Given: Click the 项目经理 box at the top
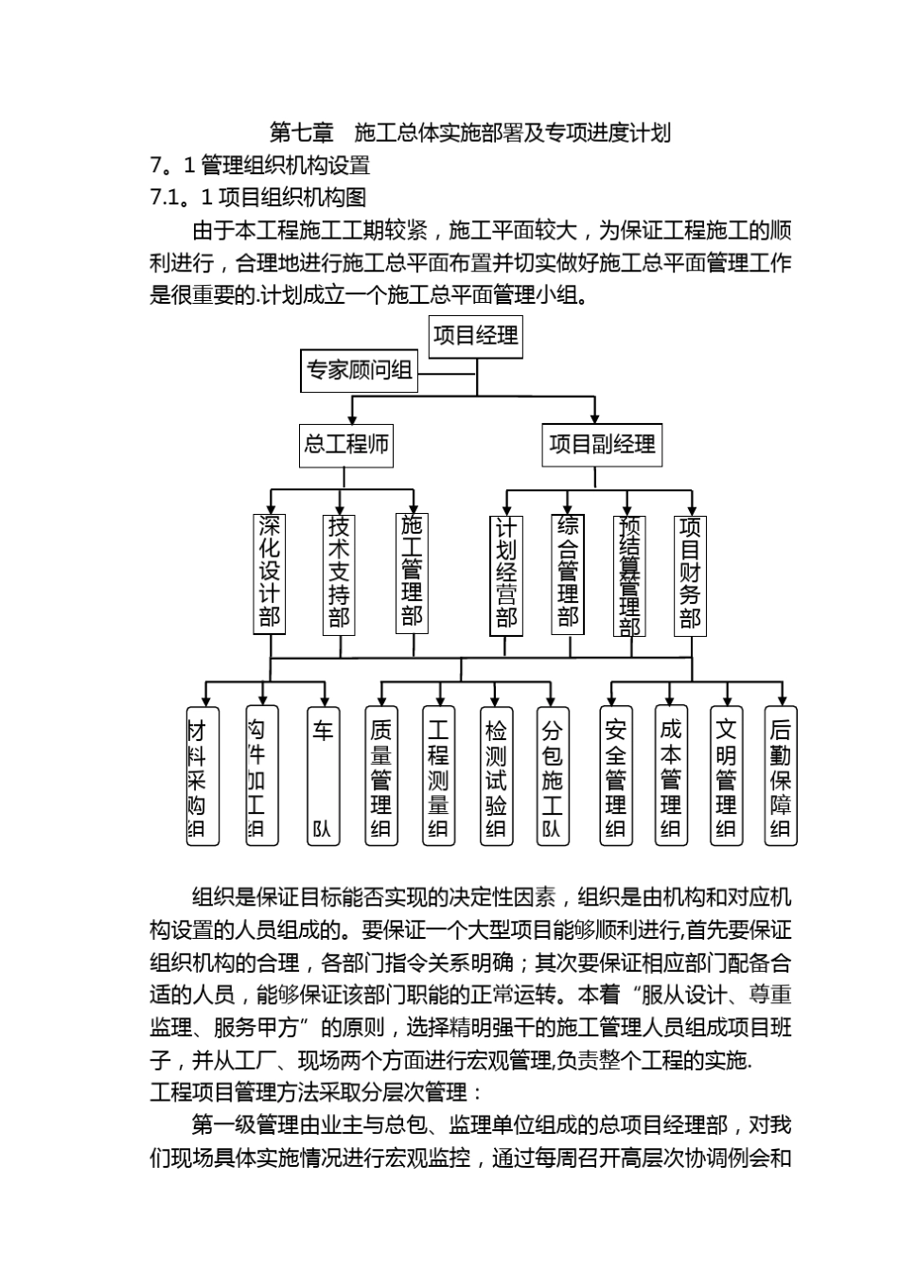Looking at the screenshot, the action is (x=476, y=336).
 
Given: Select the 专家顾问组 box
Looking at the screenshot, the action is (x=360, y=371).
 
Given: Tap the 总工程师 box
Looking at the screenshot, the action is (x=346, y=444).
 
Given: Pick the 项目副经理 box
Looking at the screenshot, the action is (x=602, y=444).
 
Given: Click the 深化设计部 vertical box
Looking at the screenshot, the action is (x=270, y=573).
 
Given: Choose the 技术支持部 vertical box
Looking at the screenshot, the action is (x=339, y=573).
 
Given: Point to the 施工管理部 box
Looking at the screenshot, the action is (x=412, y=572).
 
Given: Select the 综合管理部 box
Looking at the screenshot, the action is (x=568, y=572).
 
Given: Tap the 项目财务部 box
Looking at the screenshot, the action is (x=690, y=574).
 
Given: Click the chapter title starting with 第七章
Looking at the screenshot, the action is (x=470, y=132).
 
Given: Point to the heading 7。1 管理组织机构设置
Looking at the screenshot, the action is (x=260, y=166).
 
